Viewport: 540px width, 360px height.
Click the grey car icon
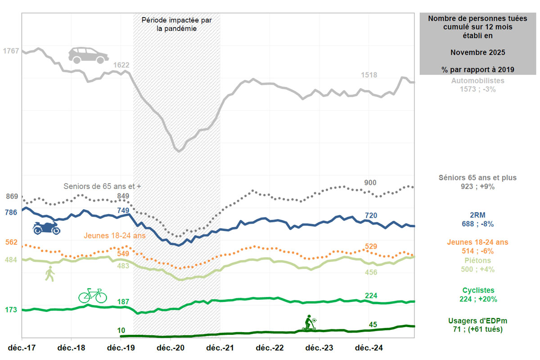[x=88, y=54]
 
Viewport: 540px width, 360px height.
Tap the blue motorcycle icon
[x=46, y=228]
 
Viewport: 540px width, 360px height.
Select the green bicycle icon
[x=93, y=296]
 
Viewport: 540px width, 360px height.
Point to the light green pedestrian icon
[x=49, y=273]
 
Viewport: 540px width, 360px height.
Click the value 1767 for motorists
[x=11, y=51]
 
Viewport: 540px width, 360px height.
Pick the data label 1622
[x=121, y=65]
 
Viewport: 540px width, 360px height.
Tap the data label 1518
[x=369, y=75]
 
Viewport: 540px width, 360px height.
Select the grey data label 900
[x=370, y=182]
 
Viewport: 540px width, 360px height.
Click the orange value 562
[x=11, y=242]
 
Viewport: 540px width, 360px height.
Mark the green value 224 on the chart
[x=371, y=296]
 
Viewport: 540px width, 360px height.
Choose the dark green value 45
[x=373, y=324]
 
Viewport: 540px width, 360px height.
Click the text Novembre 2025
[x=477, y=53]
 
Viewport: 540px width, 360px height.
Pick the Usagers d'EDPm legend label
[x=477, y=321]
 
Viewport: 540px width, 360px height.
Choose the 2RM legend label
[x=477, y=215]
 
